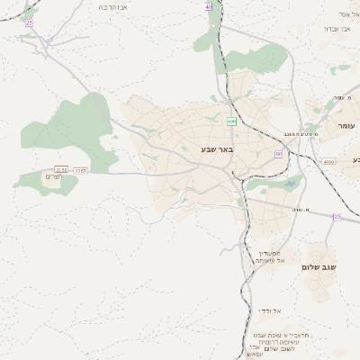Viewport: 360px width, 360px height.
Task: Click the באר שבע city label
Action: pyautogui.click(x=217, y=152)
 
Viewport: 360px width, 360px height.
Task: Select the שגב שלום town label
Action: pyautogui.click(x=319, y=267)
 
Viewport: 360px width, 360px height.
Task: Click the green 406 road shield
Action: pyautogui.click(x=231, y=121)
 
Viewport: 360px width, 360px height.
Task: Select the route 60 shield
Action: pyautogui.click(x=278, y=154)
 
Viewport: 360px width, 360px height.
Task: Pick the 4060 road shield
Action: pyautogui.click(x=328, y=162)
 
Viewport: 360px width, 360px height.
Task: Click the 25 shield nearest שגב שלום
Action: pyautogui.click(x=337, y=217)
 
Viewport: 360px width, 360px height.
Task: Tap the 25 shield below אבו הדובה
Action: pyautogui.click(x=29, y=22)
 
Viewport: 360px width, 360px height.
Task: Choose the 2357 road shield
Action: pyautogui.click(x=81, y=168)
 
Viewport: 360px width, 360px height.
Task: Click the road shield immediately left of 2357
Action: pyautogui.click(x=61, y=168)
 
